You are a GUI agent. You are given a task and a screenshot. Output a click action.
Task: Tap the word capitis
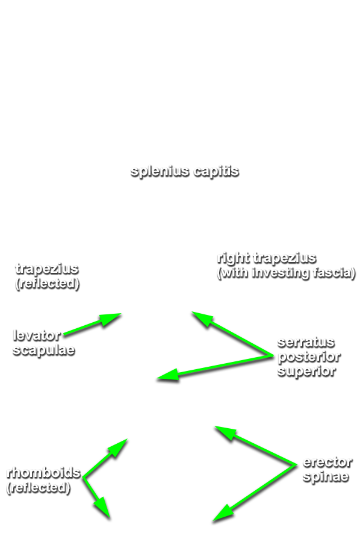(x=216, y=172)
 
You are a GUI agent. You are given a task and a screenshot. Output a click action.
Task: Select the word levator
(x=37, y=335)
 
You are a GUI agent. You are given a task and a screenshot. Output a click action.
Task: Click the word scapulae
(x=43, y=350)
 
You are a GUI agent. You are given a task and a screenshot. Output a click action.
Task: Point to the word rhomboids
(x=43, y=473)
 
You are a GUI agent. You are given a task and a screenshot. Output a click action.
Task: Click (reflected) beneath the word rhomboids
(x=39, y=488)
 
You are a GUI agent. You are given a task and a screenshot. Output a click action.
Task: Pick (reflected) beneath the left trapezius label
(x=48, y=284)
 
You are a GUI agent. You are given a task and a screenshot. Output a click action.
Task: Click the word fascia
(x=334, y=273)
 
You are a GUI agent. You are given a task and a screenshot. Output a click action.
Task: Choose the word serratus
(x=306, y=342)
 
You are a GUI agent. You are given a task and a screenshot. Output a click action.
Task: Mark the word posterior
(x=309, y=357)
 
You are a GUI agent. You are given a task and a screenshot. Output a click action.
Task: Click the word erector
(x=327, y=462)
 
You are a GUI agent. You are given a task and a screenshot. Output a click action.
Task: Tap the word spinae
(x=326, y=477)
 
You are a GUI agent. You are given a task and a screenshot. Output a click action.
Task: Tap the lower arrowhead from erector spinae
(x=223, y=513)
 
